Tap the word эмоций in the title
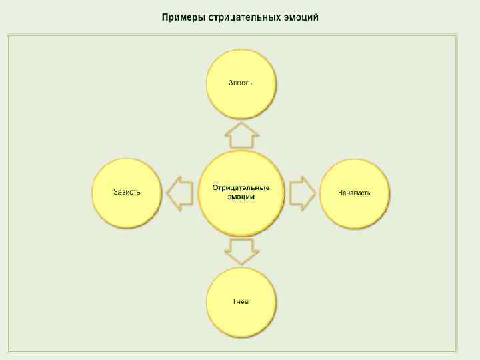pyautogui.click(x=301, y=17)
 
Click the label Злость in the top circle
pyautogui.click(x=241, y=83)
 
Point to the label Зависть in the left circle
pyautogui.click(x=127, y=192)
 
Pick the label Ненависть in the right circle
pyautogui.click(x=355, y=193)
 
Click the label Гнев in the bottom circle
pyautogui.click(x=241, y=301)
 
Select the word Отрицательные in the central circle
pyautogui.click(x=241, y=187)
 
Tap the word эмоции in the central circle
pyautogui.click(x=241, y=197)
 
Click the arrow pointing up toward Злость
pyautogui.click(x=241, y=135)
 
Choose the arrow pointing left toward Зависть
pyautogui.click(x=179, y=193)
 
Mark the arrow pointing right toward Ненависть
pyautogui.click(x=303, y=193)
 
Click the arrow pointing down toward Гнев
pyautogui.click(x=241, y=251)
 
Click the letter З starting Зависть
pyautogui.click(x=115, y=192)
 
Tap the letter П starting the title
pyautogui.click(x=165, y=17)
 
